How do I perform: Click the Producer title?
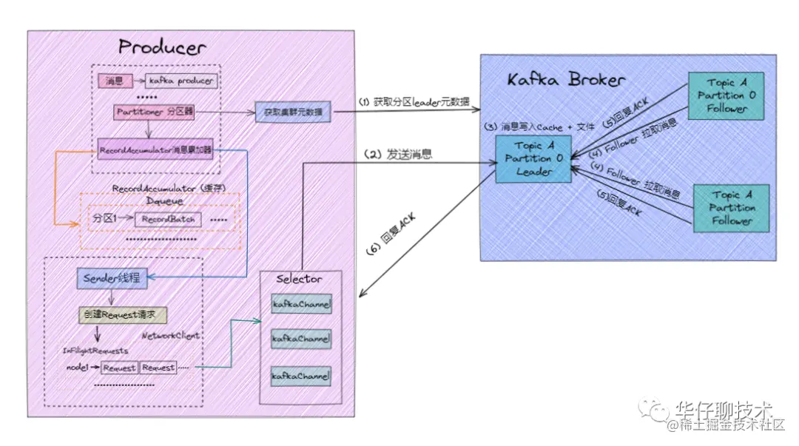coord(162,48)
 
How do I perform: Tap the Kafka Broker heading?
coord(566,80)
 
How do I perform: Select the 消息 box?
coord(114,81)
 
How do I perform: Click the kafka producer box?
coord(181,81)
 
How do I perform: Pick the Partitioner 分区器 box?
coord(154,112)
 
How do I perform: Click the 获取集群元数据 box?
coord(292,112)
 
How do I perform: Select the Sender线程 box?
coord(112,279)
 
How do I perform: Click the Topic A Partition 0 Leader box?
coord(534,158)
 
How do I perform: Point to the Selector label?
coord(299,279)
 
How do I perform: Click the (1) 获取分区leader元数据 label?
coord(414,101)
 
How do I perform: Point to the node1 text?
coord(77,368)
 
